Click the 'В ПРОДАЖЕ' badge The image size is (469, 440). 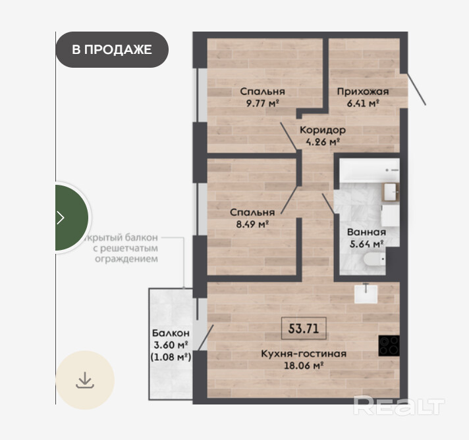(x=112, y=49)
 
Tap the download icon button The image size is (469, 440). (x=85, y=380)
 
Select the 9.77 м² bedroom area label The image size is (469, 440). (x=262, y=103)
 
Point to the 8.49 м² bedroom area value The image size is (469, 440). (x=252, y=224)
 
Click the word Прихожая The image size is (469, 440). (x=363, y=91)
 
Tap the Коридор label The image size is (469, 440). (x=323, y=130)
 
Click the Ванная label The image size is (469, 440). (x=366, y=232)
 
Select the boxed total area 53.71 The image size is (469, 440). (x=304, y=328)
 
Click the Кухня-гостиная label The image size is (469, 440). (x=304, y=354)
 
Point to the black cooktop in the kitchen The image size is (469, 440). (x=389, y=345)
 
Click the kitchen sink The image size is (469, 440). (x=366, y=293)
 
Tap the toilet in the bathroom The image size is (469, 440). (x=375, y=259)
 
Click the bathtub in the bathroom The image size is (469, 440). (x=370, y=170)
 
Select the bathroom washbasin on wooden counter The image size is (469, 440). (x=391, y=192)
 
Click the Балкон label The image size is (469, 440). (x=171, y=333)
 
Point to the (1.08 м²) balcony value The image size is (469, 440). (x=171, y=357)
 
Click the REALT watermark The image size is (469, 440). (x=399, y=405)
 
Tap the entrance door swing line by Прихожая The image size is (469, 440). (x=417, y=89)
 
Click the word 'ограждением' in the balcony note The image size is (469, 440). (x=126, y=258)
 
